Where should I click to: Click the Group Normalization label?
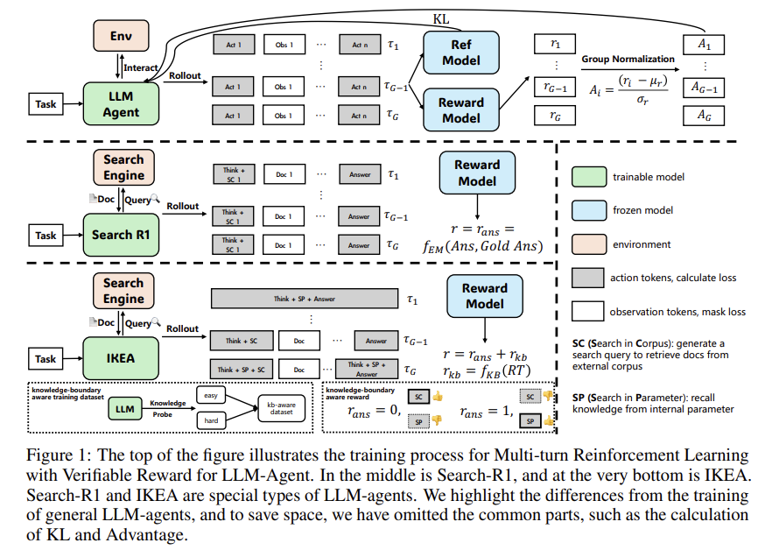coord(628,59)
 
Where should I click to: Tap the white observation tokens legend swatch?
coord(590,310)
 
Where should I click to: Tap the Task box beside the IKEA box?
coord(46,358)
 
